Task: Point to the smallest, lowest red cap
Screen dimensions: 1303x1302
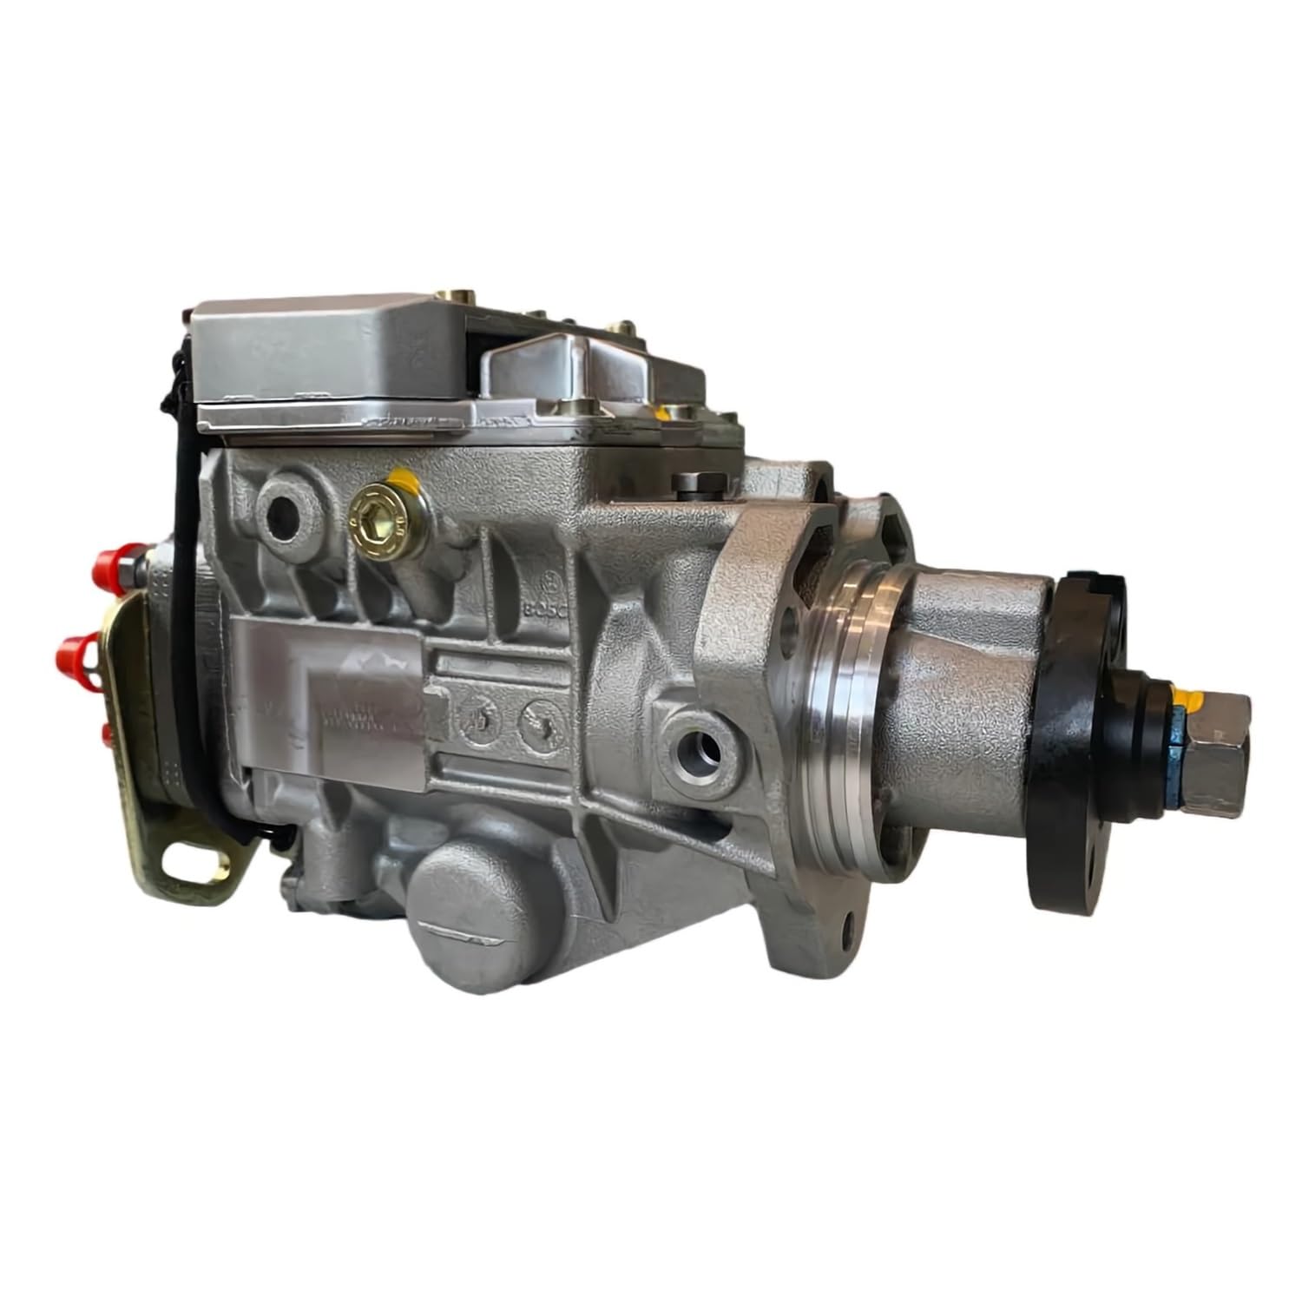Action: click(108, 736)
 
